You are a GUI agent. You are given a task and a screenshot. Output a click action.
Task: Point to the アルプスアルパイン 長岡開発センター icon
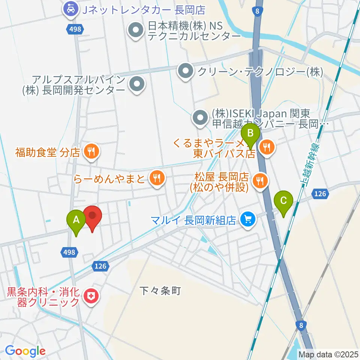pyautogui.click(x=137, y=84)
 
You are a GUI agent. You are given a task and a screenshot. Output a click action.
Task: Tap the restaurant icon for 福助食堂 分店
pyautogui.click(x=90, y=152)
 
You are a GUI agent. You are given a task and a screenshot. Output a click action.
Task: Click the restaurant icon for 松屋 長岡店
pyautogui.click(x=259, y=180)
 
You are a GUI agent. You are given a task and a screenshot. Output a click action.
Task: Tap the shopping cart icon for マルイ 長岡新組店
pyautogui.click(x=247, y=219)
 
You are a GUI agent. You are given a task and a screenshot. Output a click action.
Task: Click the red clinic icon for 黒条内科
pyautogui.click(x=90, y=297)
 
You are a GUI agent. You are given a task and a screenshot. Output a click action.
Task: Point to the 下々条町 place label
pyautogui.click(x=160, y=290)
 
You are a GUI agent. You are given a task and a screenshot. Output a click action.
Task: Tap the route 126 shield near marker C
pyautogui.click(x=320, y=193)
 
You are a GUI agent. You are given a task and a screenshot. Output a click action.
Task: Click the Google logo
pyautogui.click(x=25, y=351)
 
